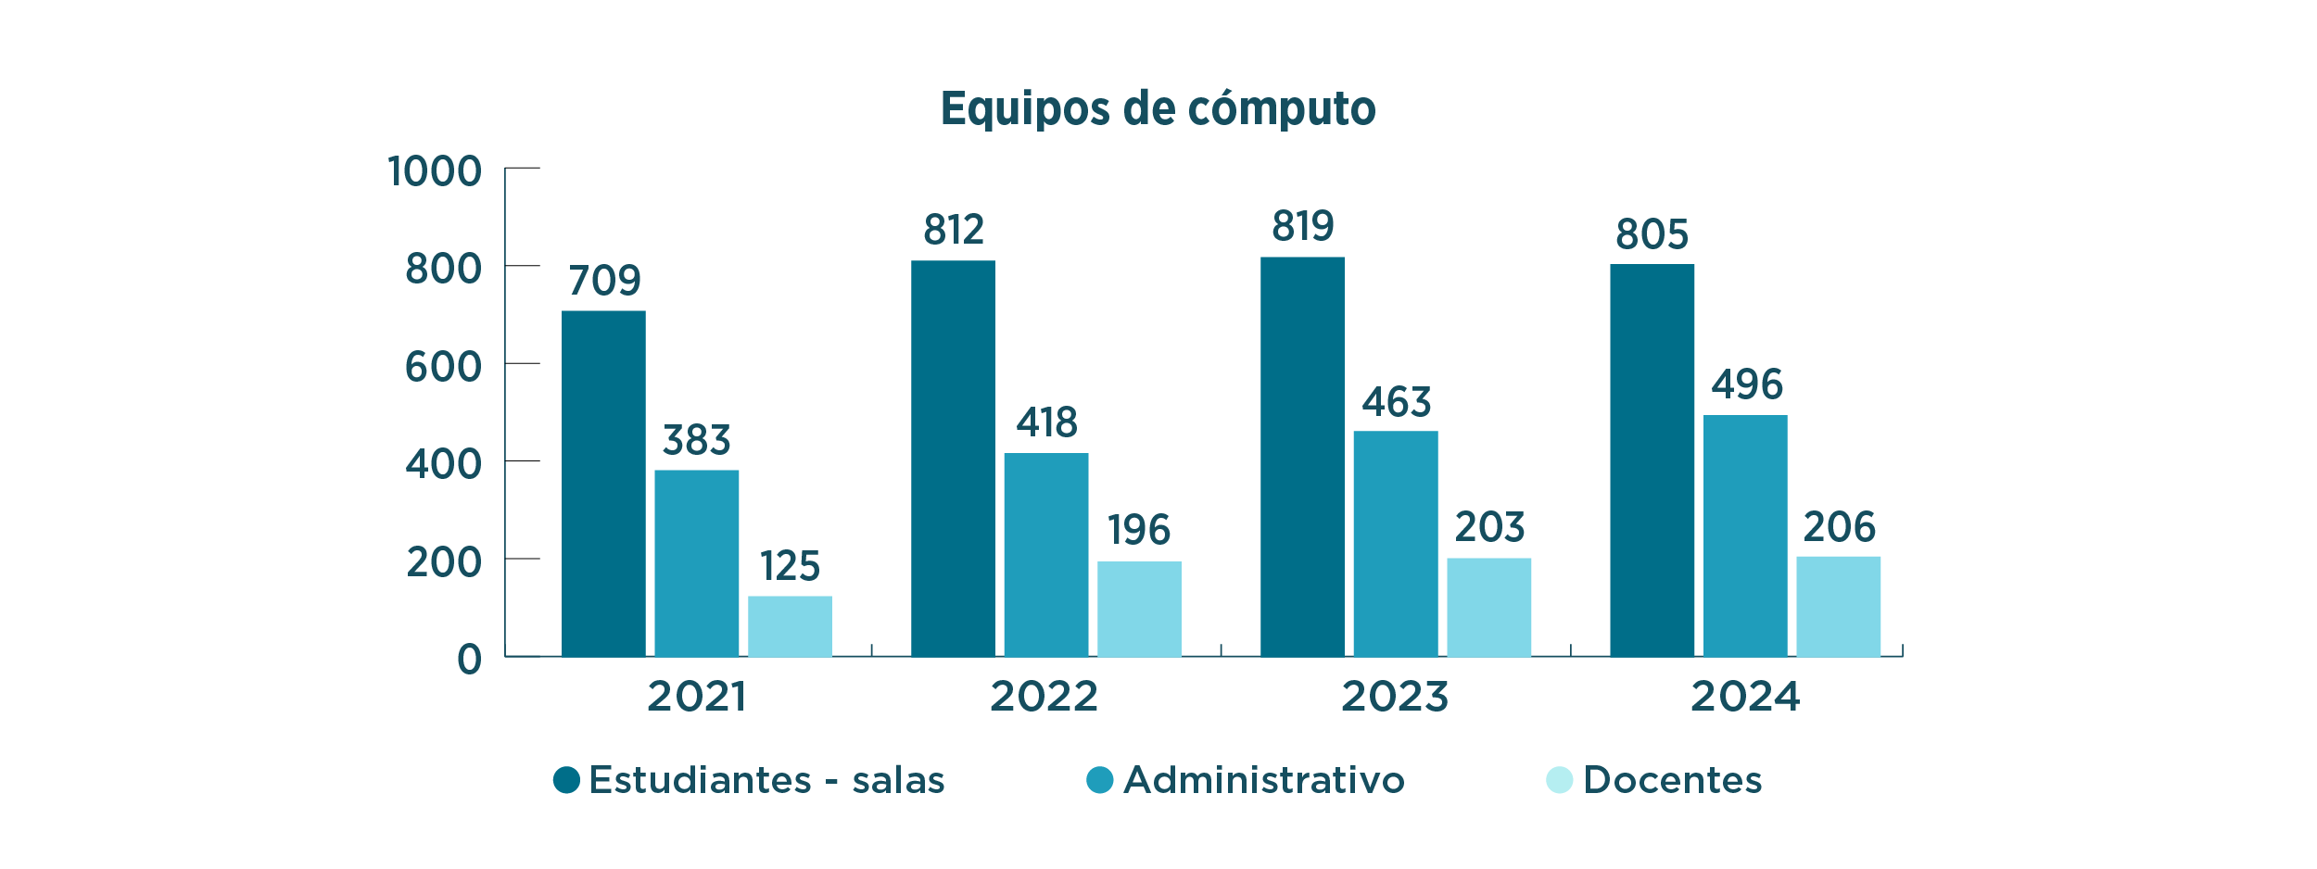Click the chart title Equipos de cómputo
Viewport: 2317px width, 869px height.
[1158, 108]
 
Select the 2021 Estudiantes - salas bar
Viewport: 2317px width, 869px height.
[603, 484]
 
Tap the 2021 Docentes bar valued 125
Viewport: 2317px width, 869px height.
[790, 626]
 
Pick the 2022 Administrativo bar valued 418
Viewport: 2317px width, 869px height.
[1046, 555]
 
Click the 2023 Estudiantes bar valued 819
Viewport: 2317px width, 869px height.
[1302, 457]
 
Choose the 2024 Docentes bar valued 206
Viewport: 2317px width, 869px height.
[1838, 607]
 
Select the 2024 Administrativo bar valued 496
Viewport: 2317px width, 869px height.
[1745, 535]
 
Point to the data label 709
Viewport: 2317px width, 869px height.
[604, 281]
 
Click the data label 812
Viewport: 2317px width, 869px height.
[953, 230]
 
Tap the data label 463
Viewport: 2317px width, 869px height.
[1396, 402]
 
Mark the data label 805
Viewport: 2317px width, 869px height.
[1652, 234]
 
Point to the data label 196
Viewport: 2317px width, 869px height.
[1139, 530]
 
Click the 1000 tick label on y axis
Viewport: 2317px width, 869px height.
[435, 171]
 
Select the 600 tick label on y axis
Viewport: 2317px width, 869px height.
[443, 367]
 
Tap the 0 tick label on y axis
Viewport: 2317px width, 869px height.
[469, 660]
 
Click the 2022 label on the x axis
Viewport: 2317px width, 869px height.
[1044, 697]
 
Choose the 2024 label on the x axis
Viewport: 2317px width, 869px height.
[1745, 697]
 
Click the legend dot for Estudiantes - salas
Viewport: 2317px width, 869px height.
[566, 780]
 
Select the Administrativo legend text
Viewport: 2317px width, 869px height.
[1263, 780]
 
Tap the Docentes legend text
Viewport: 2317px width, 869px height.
[1672, 780]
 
